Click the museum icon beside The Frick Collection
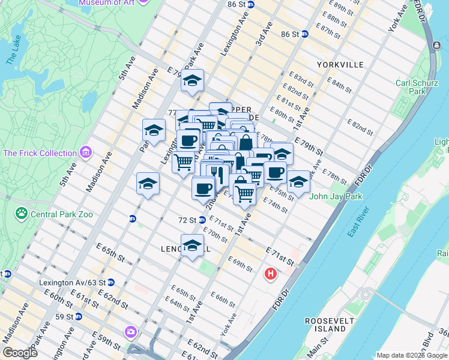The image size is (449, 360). coord(85,153)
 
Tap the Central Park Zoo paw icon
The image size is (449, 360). coord(22,212)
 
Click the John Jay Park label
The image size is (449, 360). coord(333,196)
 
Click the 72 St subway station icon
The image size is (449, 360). coord(202,220)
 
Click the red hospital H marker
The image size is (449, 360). coord(271,274)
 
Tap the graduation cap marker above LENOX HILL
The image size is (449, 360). coord(193,245)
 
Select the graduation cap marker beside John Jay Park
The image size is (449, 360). coord(298,181)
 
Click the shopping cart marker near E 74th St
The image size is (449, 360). coord(244,194)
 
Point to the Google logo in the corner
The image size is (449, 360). coord(20,353)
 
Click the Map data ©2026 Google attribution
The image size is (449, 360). coord(411,355)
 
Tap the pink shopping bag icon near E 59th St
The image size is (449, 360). coord(131,331)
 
